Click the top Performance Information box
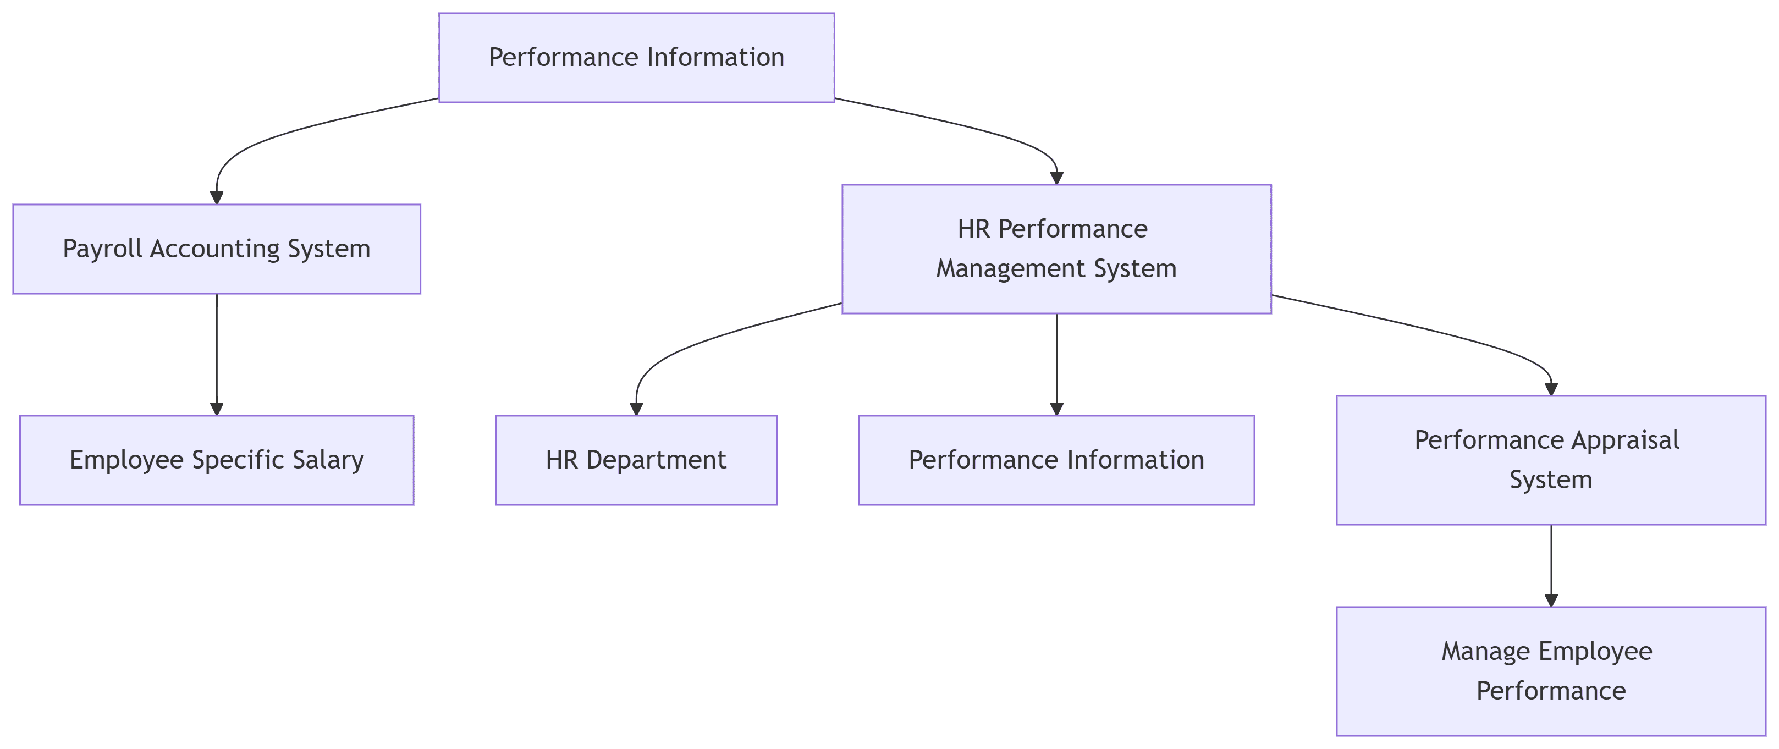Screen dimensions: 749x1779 point(636,57)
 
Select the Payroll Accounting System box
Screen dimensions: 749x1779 point(216,249)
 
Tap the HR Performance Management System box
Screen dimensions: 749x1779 point(1056,249)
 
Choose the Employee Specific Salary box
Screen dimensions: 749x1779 point(216,460)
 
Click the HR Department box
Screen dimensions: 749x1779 point(636,460)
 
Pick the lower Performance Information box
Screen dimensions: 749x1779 point(1056,460)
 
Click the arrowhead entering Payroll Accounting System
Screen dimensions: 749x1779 point(217,197)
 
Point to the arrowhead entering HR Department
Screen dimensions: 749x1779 point(636,409)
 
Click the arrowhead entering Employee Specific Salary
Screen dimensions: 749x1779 point(217,409)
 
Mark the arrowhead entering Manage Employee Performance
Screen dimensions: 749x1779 point(1551,600)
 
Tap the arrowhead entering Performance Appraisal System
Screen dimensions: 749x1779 point(1551,389)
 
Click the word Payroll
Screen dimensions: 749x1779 point(103,249)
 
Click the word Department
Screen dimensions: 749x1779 point(656,460)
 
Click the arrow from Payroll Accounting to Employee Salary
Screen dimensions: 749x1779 point(217,352)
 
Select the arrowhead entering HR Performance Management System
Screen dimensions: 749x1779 point(1056,178)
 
